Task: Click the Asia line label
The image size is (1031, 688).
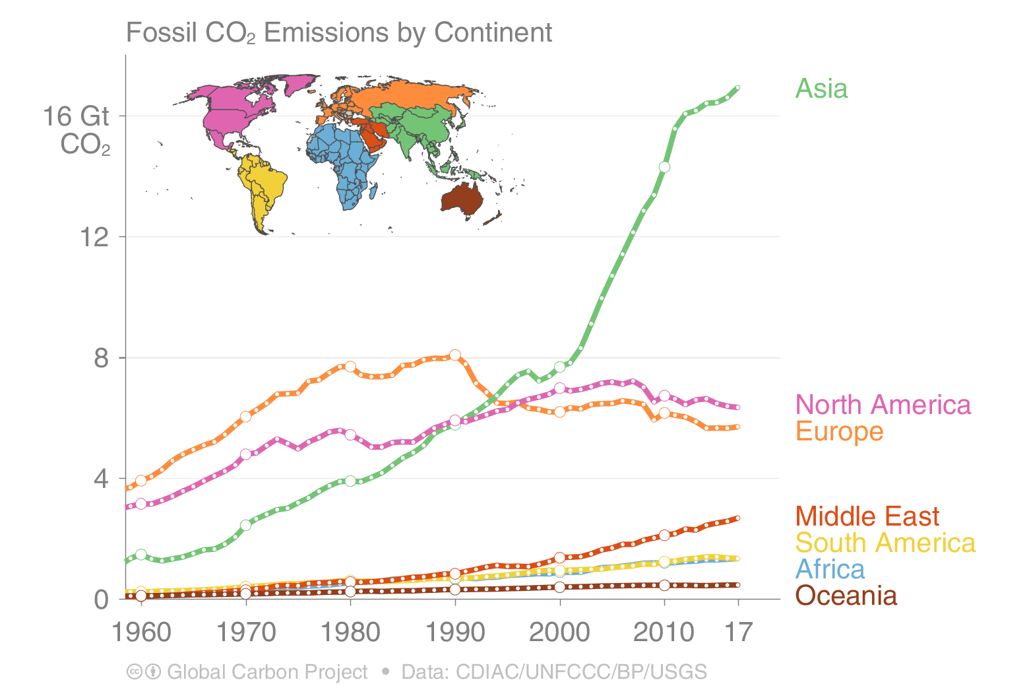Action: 821,88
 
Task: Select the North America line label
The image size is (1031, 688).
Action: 883,405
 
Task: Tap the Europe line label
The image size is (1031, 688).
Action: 839,431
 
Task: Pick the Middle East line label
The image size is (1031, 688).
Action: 867,516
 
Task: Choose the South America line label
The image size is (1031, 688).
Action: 885,543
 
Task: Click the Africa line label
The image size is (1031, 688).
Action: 830,569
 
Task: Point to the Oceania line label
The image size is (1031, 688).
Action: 846,596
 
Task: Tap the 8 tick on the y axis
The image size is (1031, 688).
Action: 101,358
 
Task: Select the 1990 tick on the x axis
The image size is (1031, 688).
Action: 455,632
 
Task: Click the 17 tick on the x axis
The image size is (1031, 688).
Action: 738,632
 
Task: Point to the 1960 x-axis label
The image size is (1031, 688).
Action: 141,632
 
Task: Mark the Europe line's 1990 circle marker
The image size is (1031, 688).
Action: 455,355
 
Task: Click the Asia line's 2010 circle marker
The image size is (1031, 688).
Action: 664,167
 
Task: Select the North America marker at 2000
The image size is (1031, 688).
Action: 560,388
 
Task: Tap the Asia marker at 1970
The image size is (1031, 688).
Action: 246,525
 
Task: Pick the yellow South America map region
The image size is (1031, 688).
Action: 261,185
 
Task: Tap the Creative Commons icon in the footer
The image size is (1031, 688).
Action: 134,671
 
